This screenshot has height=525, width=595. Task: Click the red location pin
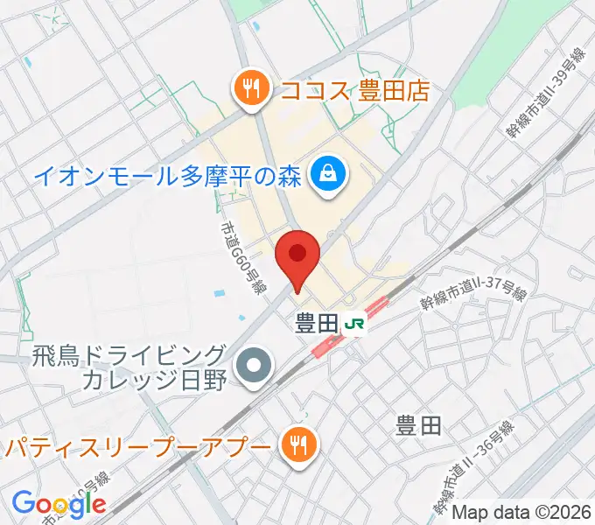point(297,255)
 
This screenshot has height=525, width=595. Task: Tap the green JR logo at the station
point(354,324)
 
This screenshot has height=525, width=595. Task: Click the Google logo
point(59,503)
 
